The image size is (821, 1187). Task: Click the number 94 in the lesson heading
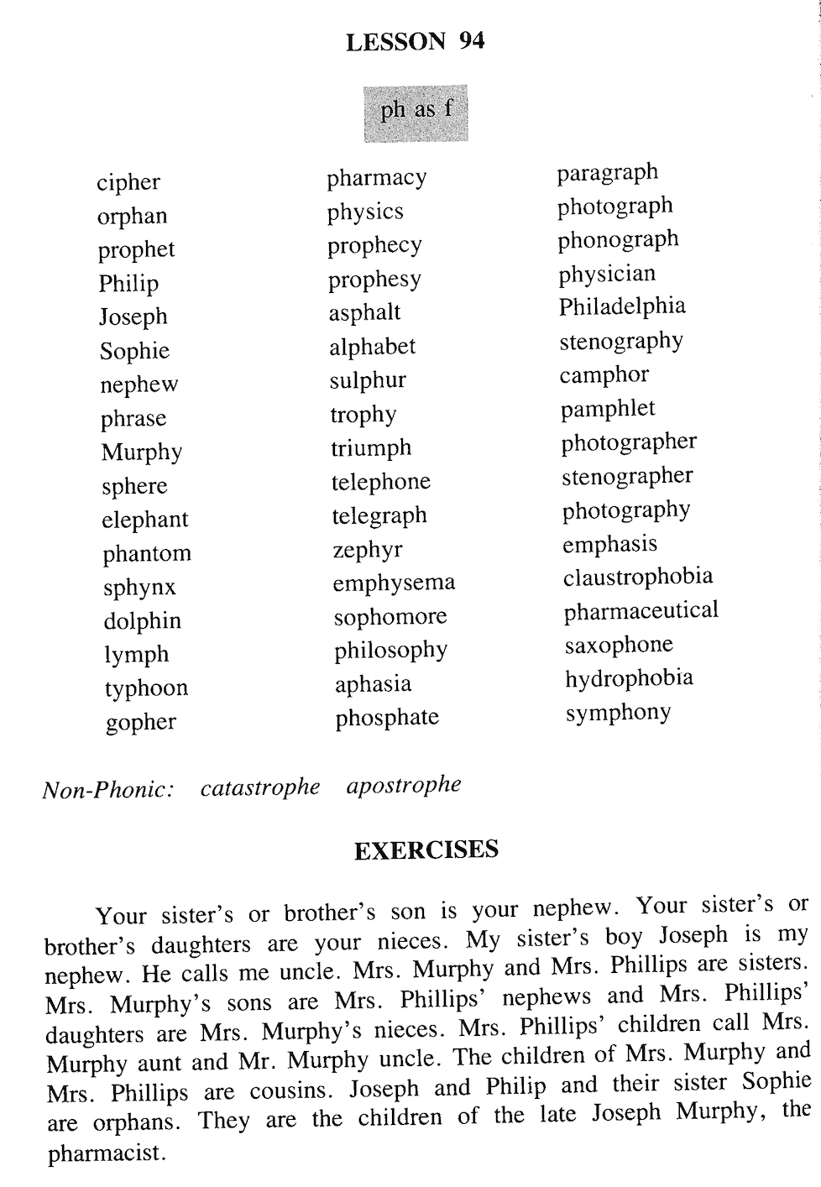[x=471, y=41]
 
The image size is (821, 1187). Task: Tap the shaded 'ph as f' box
[x=416, y=112]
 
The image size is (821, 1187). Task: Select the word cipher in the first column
[x=128, y=182]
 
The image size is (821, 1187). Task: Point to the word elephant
[x=145, y=520]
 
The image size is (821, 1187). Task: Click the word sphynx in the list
[x=139, y=588]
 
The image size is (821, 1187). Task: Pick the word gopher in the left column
[x=141, y=722]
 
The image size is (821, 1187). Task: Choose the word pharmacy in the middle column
[x=377, y=178]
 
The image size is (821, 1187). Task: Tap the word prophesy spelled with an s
[x=374, y=280]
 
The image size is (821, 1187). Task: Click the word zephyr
[x=367, y=550]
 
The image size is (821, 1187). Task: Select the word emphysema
[x=394, y=583]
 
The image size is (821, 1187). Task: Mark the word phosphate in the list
[x=387, y=718]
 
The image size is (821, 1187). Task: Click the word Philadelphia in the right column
[x=622, y=306]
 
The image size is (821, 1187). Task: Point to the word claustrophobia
[x=638, y=578]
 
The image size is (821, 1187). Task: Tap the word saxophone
[x=619, y=645]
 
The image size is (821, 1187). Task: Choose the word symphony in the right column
[x=618, y=713]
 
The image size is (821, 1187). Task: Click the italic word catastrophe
[x=260, y=787]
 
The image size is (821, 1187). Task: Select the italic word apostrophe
[x=404, y=786]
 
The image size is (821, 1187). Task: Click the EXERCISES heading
[x=426, y=850]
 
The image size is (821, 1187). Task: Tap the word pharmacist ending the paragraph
[x=104, y=1153]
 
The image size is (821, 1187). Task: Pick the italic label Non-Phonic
[x=108, y=790]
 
